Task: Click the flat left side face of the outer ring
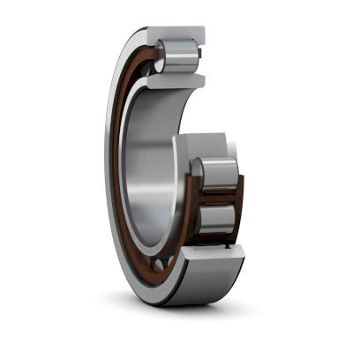112,176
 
